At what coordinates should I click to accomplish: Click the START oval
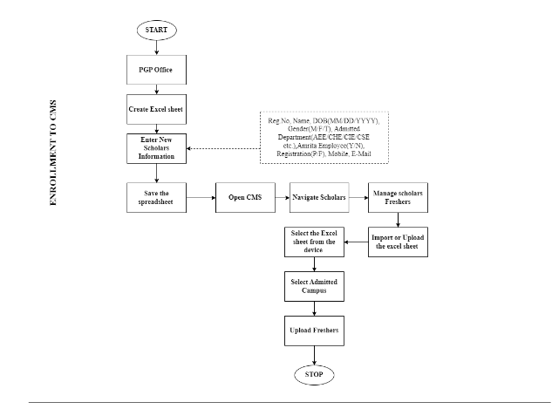pyautogui.click(x=156, y=29)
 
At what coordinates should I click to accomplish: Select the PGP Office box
pyautogui.click(x=156, y=71)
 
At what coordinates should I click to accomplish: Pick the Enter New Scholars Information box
pyautogui.click(x=156, y=147)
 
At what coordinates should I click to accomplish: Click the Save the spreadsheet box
pyautogui.click(x=156, y=198)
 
